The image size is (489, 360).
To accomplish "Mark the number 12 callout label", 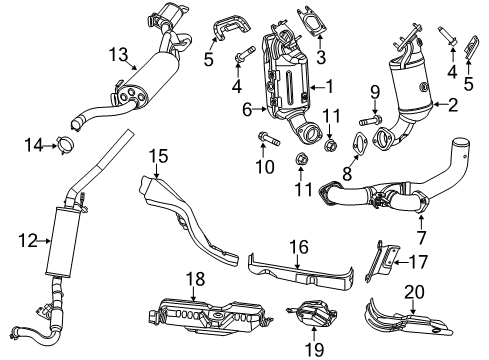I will [x=28, y=240].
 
